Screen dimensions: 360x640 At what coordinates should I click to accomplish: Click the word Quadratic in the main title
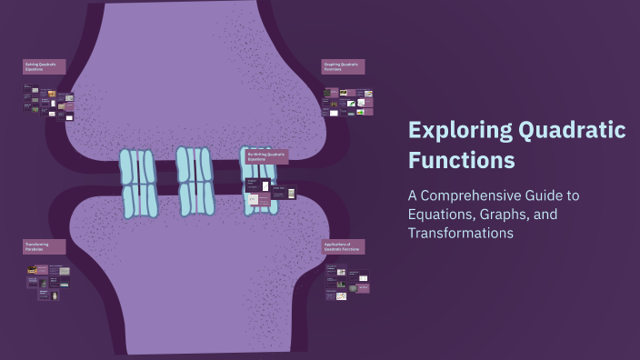coord(571,130)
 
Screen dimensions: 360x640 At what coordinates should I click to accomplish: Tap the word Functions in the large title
coord(461,161)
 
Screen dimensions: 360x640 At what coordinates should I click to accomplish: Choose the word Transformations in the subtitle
coord(461,234)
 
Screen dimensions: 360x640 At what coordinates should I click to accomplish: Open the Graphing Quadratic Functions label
coord(343,66)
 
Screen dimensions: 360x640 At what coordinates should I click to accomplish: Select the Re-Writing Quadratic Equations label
coord(266,156)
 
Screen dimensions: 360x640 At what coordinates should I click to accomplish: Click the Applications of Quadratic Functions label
coord(343,246)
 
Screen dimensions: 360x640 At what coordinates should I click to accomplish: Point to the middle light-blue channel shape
coord(195,181)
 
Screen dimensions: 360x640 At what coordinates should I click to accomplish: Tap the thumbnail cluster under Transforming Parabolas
coord(48,280)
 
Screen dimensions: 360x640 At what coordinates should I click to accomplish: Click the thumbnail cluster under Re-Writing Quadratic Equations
coord(271,194)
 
